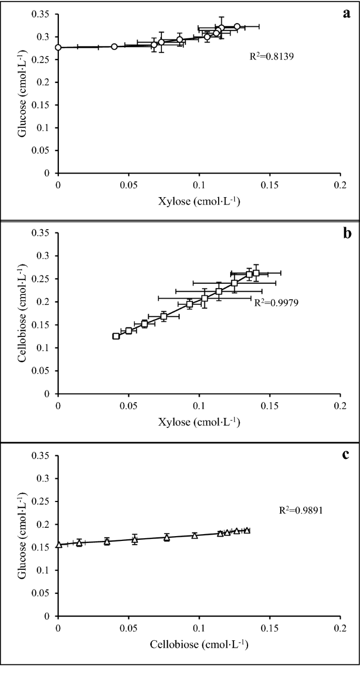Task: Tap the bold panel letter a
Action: [x=346, y=14]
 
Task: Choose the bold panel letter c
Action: [x=346, y=454]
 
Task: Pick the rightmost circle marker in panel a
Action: [x=237, y=26]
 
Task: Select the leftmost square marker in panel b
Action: [x=116, y=336]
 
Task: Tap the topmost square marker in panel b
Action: [x=256, y=273]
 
